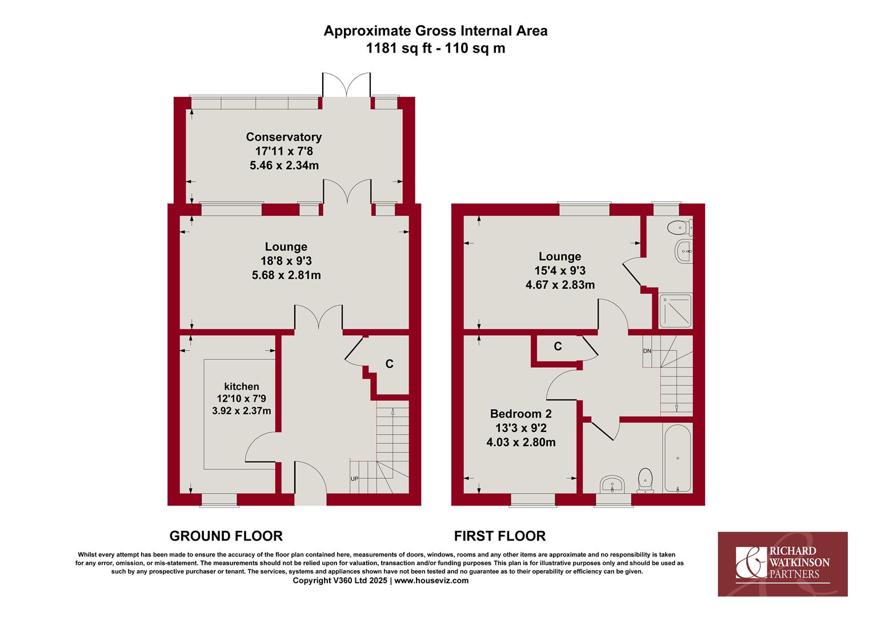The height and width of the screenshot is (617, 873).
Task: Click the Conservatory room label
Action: coord(284,137)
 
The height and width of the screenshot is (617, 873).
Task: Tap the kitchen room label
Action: coord(242,386)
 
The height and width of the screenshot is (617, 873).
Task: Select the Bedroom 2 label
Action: coord(520,414)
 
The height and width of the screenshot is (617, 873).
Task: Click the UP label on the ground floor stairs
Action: coord(354,479)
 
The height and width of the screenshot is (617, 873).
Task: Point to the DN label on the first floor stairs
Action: coord(647,351)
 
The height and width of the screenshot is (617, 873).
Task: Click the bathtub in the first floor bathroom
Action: coord(678,458)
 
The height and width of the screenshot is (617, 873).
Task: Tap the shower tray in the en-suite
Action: coord(676,311)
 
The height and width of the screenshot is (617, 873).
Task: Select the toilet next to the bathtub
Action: coord(645,480)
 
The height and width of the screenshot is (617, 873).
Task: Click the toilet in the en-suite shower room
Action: coord(680,227)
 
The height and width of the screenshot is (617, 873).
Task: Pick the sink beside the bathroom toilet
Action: coord(612,484)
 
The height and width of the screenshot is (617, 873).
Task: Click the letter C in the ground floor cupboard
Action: coord(389,364)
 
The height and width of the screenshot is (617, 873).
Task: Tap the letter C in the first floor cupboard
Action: coord(558,346)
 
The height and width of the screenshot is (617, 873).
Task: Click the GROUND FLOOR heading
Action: coord(226,536)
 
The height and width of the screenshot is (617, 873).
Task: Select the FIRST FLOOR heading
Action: coord(500,536)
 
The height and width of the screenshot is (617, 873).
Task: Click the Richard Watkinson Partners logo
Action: coord(783,564)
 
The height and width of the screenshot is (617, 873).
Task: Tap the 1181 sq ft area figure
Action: coord(399,49)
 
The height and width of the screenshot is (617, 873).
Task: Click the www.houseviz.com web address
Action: coord(431,580)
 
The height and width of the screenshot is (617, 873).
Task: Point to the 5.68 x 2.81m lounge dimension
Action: coord(286,275)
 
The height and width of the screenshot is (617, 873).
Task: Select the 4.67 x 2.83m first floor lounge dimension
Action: coord(560,285)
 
